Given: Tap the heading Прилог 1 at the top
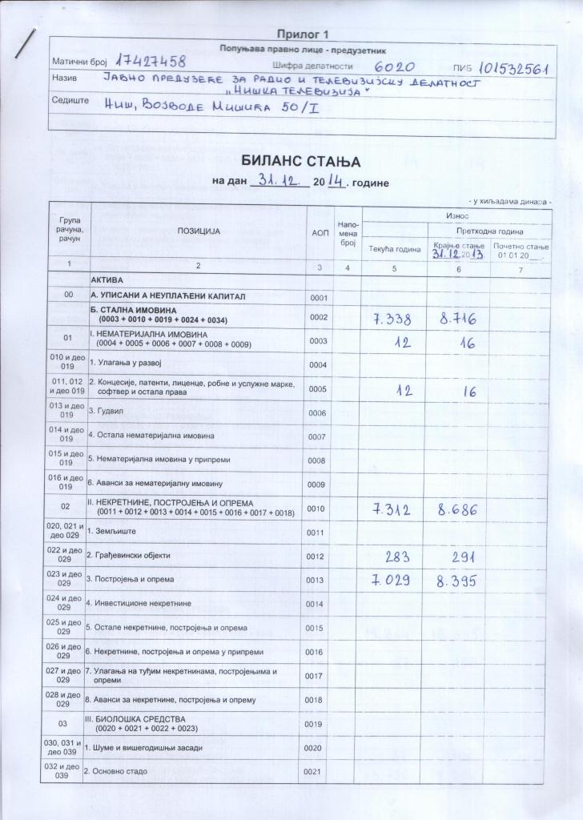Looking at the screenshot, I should (x=303, y=34).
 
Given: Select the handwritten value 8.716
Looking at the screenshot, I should (x=458, y=320).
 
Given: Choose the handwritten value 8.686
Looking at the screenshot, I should (x=458, y=510).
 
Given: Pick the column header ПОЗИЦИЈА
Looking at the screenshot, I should (x=199, y=231).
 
